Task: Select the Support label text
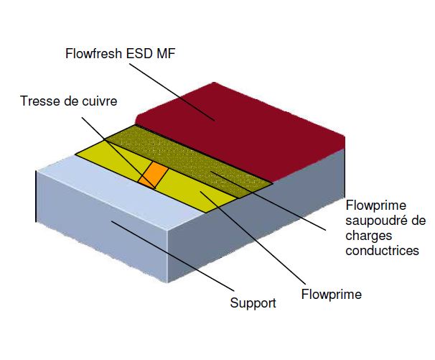coord(253,303)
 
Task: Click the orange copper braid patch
coord(153,176)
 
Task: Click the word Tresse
coord(37,101)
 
